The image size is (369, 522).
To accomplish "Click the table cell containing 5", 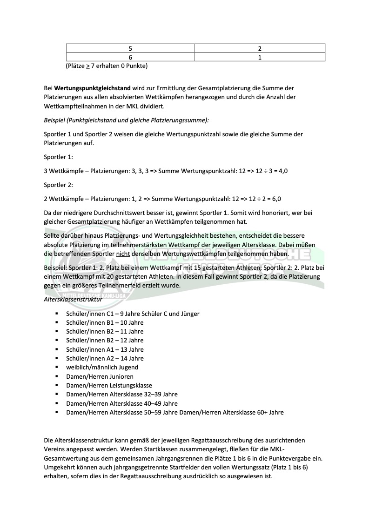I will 130,48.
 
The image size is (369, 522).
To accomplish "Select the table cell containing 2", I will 259,48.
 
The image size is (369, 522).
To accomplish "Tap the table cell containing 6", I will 130,57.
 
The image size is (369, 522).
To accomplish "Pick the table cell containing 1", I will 259,57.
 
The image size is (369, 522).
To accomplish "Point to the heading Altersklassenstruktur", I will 73,299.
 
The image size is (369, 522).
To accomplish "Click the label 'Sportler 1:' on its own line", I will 58,157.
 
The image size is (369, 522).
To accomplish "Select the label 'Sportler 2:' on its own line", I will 58,185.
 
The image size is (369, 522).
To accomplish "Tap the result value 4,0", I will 282,171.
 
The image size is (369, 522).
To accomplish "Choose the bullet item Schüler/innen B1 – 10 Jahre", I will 105,322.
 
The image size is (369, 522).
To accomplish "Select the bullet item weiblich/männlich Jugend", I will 102,367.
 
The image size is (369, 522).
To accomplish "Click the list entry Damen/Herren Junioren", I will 100,376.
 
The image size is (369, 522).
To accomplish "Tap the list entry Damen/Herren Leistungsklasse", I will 109,385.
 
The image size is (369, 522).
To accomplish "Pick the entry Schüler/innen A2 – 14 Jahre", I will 105,358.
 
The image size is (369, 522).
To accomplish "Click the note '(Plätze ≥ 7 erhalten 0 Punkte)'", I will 107,66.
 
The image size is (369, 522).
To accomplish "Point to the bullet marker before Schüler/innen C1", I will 56,314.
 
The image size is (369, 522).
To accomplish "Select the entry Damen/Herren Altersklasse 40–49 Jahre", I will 121,403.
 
